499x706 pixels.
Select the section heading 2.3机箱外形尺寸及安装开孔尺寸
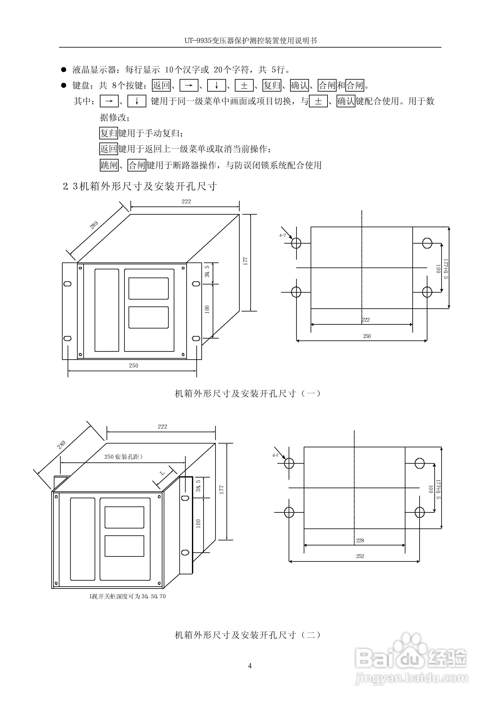[140, 186]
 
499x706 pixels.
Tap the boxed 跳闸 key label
[109, 165]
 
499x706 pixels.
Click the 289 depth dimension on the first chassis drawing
[94, 225]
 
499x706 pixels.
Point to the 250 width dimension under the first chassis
[133, 365]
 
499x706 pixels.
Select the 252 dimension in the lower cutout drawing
[360, 556]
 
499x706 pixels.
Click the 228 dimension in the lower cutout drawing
[360, 540]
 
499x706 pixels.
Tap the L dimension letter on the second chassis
[163, 473]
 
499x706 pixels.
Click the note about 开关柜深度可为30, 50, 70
[127, 596]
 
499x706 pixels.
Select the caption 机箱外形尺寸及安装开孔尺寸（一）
[248, 393]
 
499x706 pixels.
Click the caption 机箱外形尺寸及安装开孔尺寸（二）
[248, 635]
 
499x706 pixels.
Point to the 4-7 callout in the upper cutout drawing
[282, 235]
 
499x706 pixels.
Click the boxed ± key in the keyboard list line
[244, 85]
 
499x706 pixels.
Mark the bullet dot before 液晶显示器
[64, 70]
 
